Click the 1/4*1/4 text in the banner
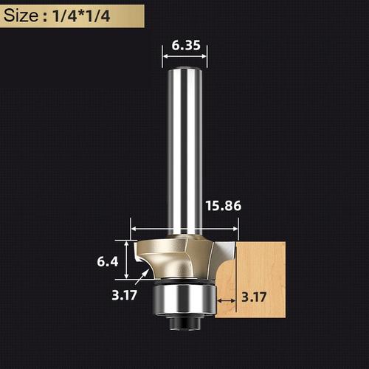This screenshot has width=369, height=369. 83,15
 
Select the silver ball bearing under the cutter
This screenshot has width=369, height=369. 183,299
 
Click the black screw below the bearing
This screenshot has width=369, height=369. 183,322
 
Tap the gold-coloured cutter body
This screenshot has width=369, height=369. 173,255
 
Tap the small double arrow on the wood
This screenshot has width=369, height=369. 227,300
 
